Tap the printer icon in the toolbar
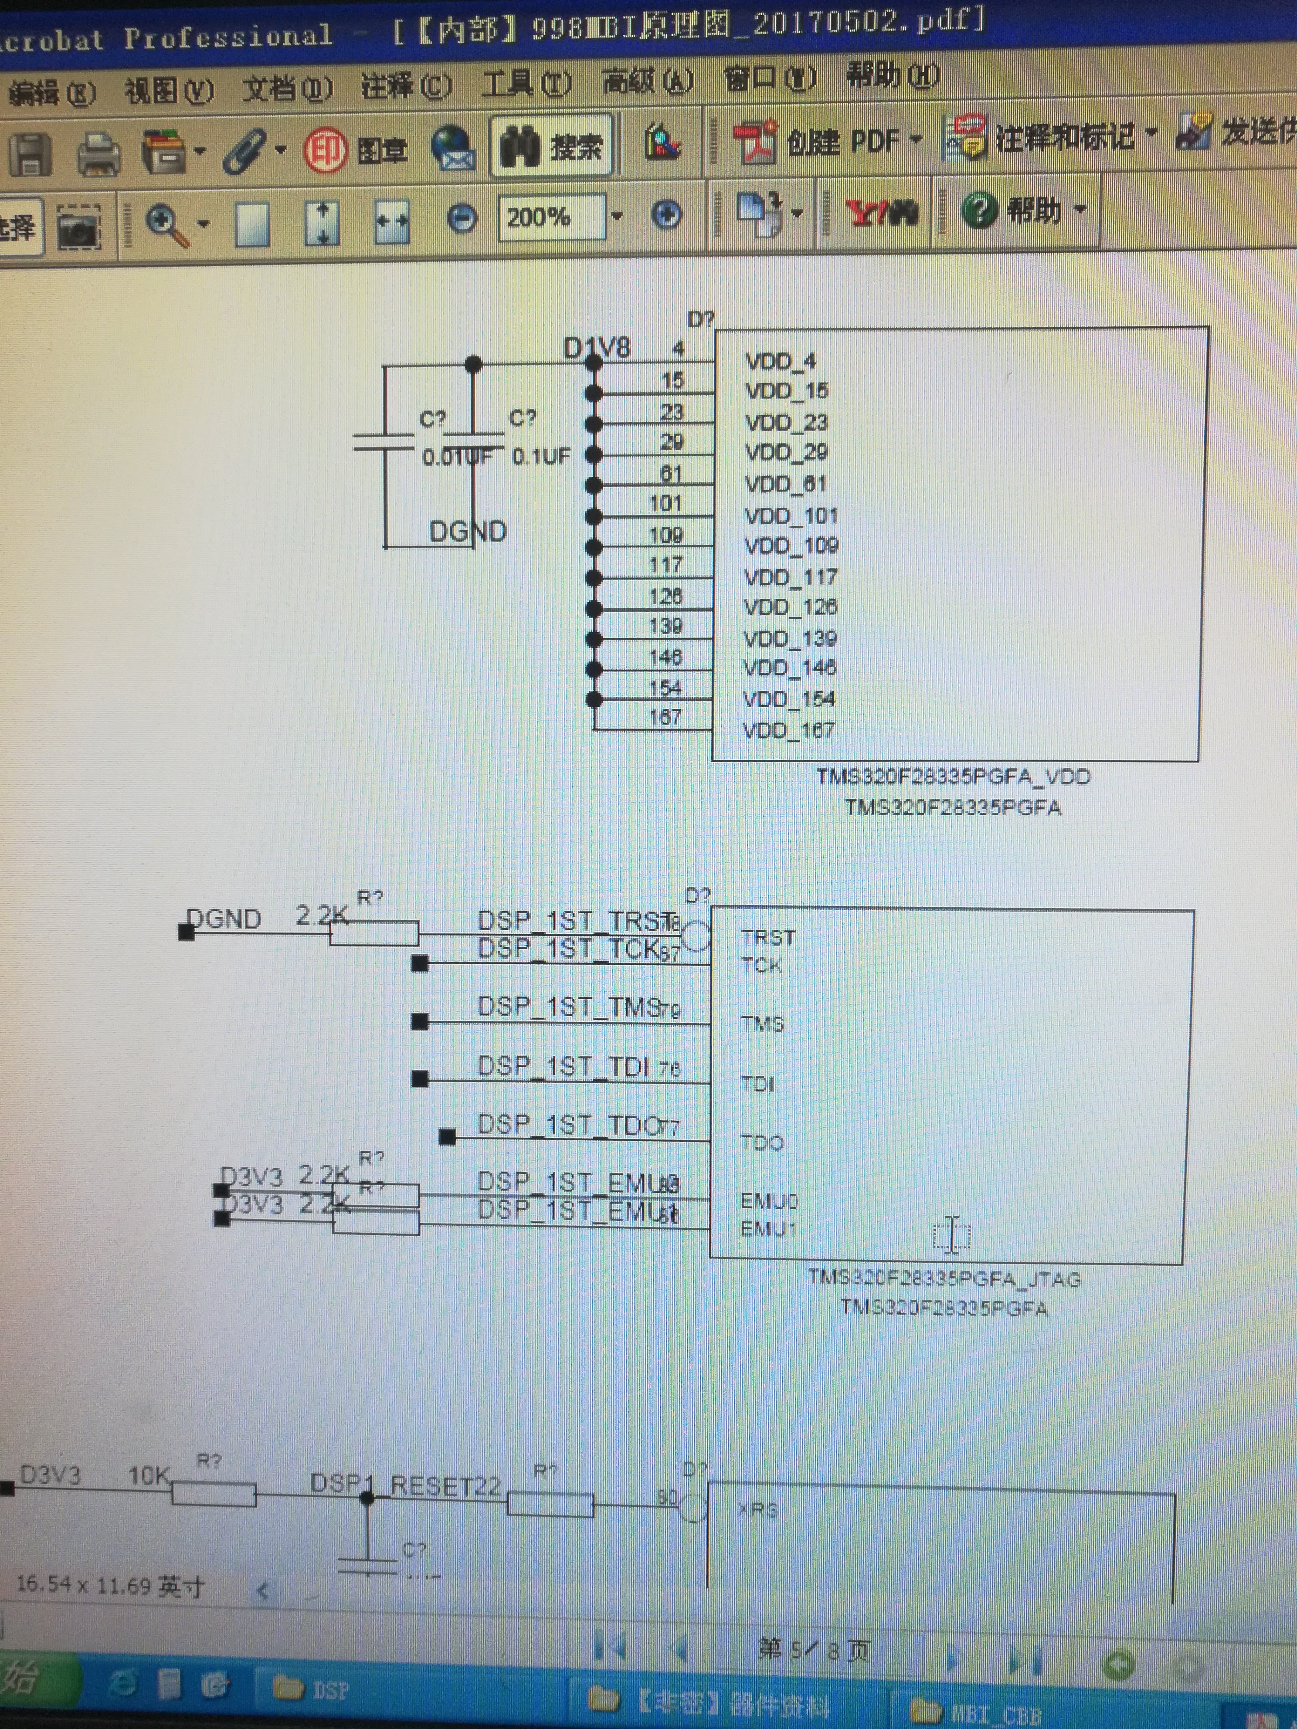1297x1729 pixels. point(98,153)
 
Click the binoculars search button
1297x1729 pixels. point(551,146)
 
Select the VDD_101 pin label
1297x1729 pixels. point(791,516)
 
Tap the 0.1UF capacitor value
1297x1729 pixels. point(541,456)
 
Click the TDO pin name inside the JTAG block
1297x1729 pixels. point(761,1143)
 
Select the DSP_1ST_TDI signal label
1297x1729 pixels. point(563,1066)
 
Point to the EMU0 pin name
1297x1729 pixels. point(768,1200)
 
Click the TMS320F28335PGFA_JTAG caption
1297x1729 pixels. point(944,1279)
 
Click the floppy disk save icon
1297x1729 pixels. point(30,154)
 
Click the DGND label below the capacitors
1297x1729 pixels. point(468,532)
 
